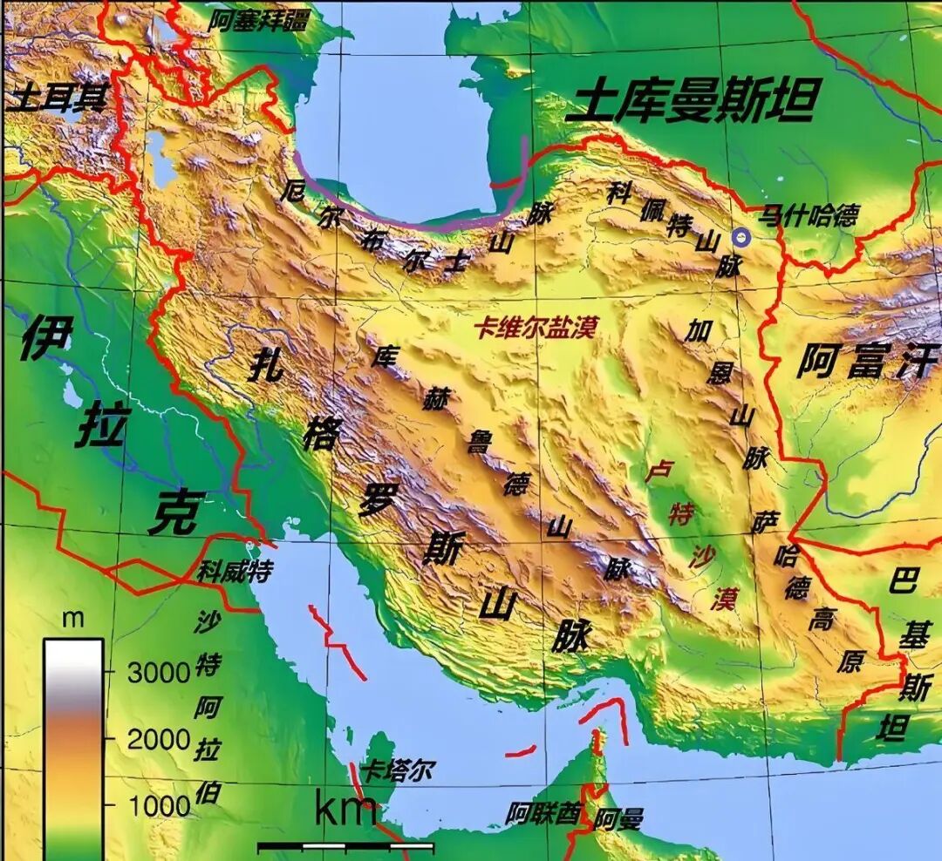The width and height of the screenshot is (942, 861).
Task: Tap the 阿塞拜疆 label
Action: pyautogui.click(x=259, y=20)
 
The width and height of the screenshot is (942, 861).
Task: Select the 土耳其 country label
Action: pyautogui.click(x=56, y=98)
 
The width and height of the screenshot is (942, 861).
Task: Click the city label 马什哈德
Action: pyautogui.click(x=809, y=214)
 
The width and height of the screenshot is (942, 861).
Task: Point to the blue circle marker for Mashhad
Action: pyautogui.click(x=741, y=235)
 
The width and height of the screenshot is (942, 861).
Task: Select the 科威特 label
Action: pyautogui.click(x=234, y=573)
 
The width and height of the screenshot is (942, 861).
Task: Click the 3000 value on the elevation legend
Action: pyautogui.click(x=159, y=672)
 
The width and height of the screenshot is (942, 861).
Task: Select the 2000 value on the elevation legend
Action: pyautogui.click(x=159, y=739)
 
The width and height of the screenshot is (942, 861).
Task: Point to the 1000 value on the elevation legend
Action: pyautogui.click(x=159, y=805)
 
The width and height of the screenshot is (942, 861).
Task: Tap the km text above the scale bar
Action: pyautogui.click(x=345, y=810)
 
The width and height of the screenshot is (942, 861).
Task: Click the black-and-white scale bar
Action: pyautogui.click(x=345, y=846)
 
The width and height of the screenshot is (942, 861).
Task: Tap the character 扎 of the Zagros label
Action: pyautogui.click(x=264, y=365)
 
